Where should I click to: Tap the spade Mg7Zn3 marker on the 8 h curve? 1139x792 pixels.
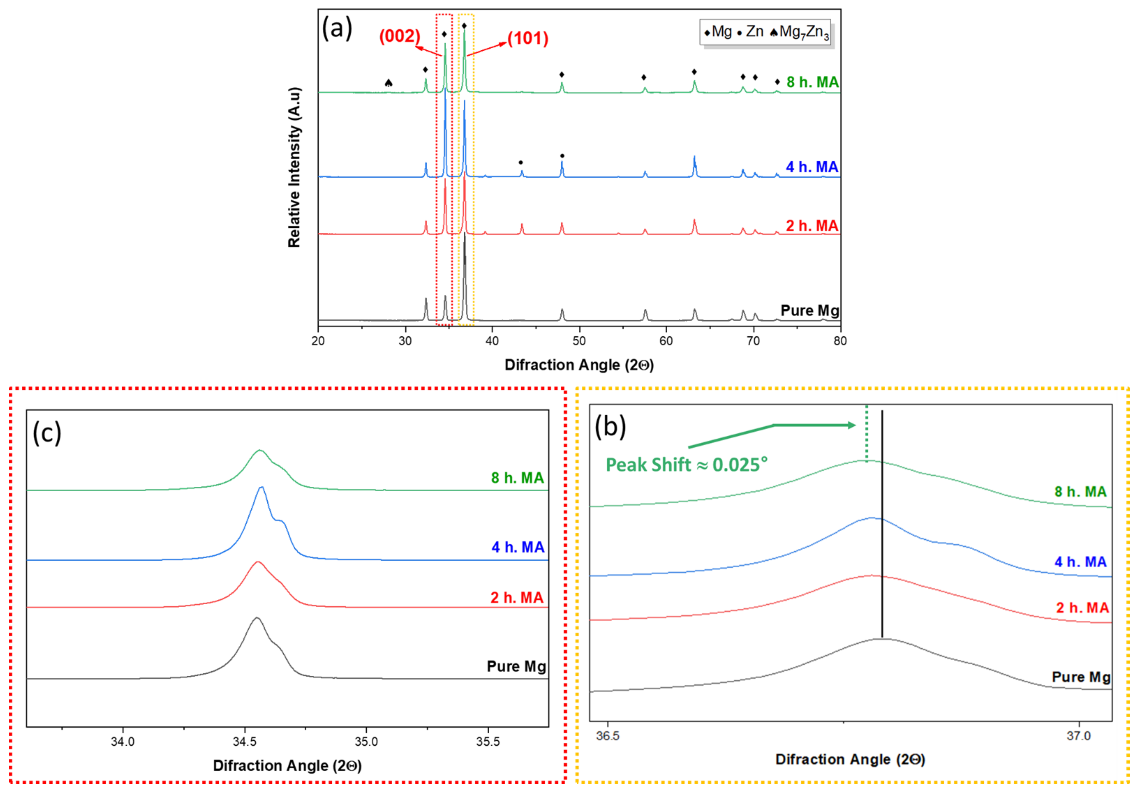click(x=388, y=83)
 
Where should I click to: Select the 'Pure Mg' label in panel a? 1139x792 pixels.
click(x=810, y=310)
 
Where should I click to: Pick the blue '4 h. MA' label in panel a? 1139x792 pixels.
click(x=812, y=167)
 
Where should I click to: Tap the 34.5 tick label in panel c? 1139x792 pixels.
click(x=245, y=741)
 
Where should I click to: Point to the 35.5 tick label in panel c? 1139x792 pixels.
click(x=488, y=741)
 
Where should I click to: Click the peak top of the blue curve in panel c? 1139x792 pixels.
click(x=262, y=487)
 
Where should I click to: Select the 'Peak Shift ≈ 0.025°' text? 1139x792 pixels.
click(x=686, y=465)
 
